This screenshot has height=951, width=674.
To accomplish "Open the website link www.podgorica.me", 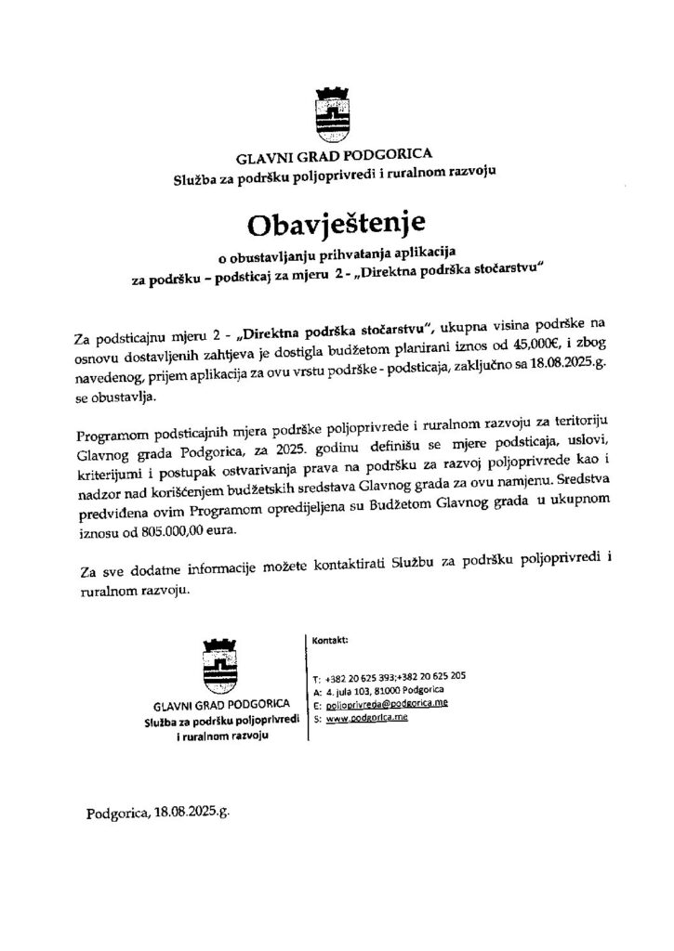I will coord(367,719).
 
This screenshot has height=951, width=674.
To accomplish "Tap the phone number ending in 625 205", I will coord(434,677).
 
